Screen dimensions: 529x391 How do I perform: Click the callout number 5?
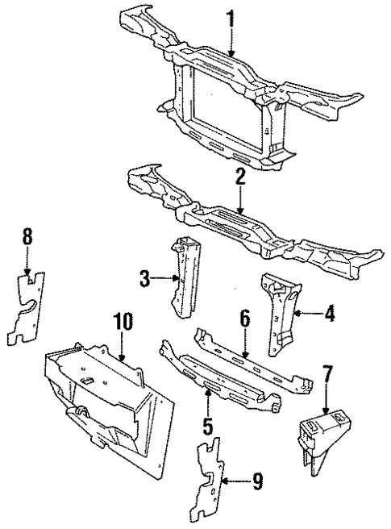207,424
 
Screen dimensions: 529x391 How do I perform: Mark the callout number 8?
28,236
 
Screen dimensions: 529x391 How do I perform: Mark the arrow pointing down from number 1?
231,40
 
